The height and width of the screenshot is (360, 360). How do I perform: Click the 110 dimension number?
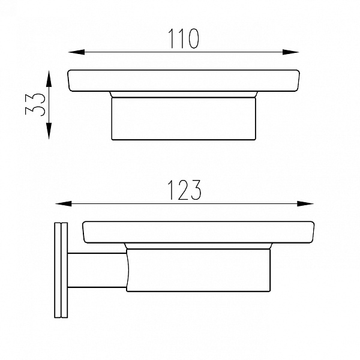point(183,38)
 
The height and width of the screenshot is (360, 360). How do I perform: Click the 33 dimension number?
point(35,104)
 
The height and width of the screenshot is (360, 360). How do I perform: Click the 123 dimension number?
point(185,190)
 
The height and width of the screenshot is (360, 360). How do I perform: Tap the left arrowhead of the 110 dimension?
point(77,52)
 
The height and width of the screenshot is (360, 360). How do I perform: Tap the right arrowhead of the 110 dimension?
point(290,52)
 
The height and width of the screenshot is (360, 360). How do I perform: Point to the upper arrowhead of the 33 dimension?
point(49,79)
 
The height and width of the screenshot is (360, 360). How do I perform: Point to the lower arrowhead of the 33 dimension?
point(49,131)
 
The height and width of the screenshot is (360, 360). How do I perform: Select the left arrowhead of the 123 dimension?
point(64,203)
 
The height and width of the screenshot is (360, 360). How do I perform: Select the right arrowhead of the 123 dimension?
point(305,203)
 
